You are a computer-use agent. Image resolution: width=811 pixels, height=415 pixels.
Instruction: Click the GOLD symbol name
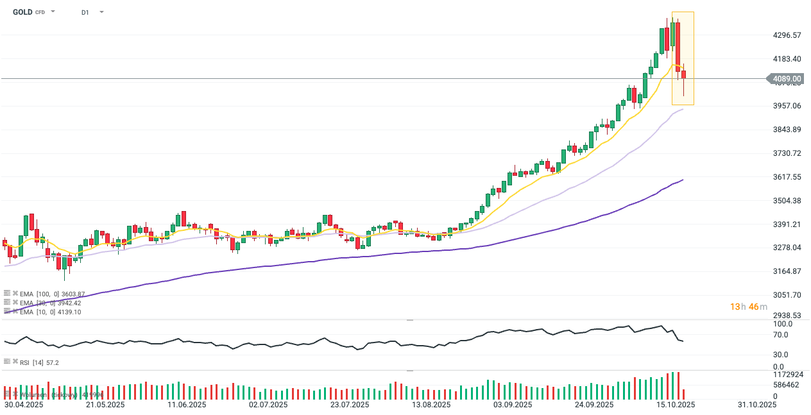pyautogui.click(x=22, y=12)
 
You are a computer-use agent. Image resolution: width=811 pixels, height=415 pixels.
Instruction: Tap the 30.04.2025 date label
pyautogui.click(x=24, y=405)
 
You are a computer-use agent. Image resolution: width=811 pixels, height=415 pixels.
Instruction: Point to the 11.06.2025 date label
pyautogui.click(x=187, y=405)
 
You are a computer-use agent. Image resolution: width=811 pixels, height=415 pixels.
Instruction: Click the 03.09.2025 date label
pyautogui.click(x=513, y=405)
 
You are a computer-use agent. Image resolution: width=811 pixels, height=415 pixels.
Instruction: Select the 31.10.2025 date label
pyautogui.click(x=757, y=405)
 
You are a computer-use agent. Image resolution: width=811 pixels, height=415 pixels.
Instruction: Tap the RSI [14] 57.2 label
pyautogui.click(x=39, y=362)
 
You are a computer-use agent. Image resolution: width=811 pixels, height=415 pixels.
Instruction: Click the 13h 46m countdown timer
pyautogui.click(x=748, y=307)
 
